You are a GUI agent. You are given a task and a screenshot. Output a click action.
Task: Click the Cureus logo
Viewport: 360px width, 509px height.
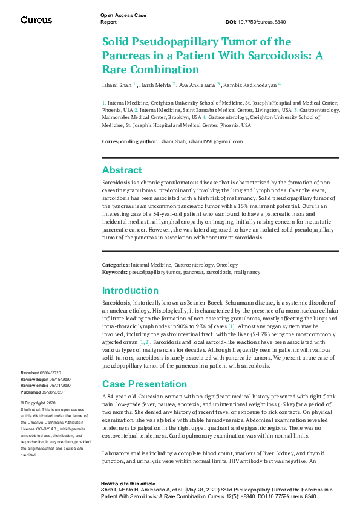coord(36,20)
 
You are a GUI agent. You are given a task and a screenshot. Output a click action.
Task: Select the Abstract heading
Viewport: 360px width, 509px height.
coord(122,170)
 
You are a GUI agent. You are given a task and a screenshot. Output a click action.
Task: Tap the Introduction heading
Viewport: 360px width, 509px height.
coord(130,290)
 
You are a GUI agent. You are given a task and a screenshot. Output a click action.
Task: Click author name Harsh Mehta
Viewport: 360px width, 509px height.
coord(155,86)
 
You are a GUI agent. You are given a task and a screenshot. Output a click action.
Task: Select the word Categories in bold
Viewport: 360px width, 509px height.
coord(115,265)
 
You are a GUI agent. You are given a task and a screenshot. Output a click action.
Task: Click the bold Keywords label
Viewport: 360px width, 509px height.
coord(114,272)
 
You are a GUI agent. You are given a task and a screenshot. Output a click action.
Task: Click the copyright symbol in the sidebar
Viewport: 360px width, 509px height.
coord(22,403)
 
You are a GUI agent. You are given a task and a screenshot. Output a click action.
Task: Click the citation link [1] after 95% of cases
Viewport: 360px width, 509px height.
coord(231,326)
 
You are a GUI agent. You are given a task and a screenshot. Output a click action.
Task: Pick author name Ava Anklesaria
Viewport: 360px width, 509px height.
coord(197,86)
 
